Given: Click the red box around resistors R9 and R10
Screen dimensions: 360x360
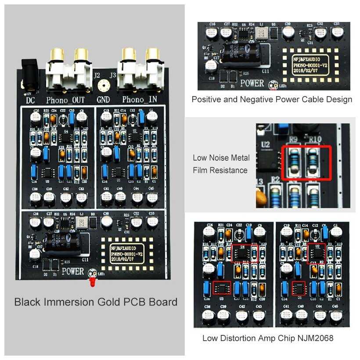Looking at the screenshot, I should [x=306, y=162].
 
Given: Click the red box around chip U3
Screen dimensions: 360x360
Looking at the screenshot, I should [x=222, y=288].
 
